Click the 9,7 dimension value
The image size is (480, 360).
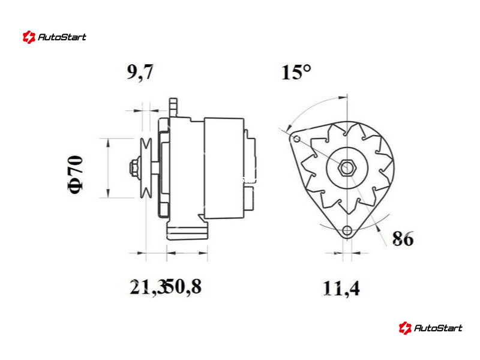140,73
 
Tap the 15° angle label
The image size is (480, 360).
296,72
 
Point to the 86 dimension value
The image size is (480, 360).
403,238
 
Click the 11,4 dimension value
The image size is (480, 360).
341,288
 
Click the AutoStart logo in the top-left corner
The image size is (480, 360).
55,37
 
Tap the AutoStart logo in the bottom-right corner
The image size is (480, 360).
430,328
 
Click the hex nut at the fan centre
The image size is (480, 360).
347,167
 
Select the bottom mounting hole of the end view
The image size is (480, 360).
347,230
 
